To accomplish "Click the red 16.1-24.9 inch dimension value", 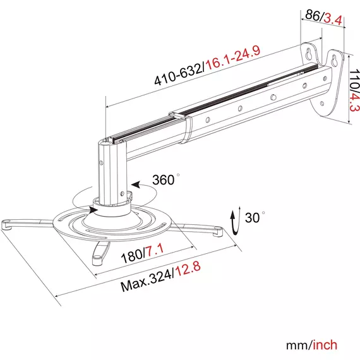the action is coord(233,59).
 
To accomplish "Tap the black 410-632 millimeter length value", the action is coord(178,74).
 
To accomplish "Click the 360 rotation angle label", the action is coord(164,180).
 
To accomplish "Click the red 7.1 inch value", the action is coord(155,250).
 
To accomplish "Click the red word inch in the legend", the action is coord(325,345).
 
